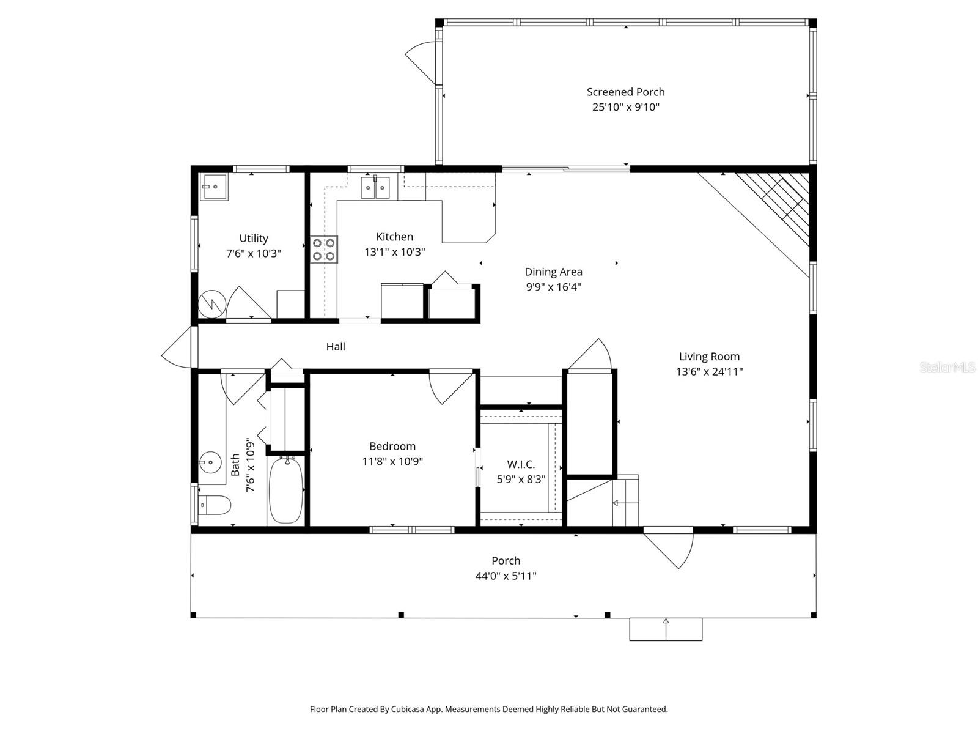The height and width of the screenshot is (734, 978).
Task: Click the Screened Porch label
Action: [x=625, y=92]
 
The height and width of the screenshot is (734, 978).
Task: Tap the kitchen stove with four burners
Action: [x=324, y=249]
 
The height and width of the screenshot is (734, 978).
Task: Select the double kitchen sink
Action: [x=375, y=187]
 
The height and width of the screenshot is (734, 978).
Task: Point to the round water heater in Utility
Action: [x=212, y=303]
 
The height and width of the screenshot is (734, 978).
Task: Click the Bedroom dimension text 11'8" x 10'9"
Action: [x=392, y=461]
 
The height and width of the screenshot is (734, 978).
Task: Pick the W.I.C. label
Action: [x=521, y=465]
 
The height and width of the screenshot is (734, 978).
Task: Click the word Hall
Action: [x=336, y=347]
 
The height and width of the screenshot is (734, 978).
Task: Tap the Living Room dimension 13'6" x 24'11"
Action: [x=709, y=371]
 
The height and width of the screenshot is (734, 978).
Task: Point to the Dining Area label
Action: [x=553, y=272]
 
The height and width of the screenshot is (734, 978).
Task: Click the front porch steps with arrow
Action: [x=666, y=629]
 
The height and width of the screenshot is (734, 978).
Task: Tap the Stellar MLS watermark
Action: [x=947, y=367]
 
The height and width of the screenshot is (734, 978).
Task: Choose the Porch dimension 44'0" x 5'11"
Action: [x=506, y=576]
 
